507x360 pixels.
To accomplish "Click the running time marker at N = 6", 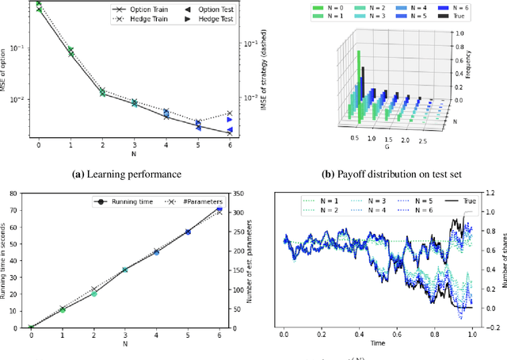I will [219, 209].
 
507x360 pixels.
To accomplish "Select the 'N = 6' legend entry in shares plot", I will [422, 211].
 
